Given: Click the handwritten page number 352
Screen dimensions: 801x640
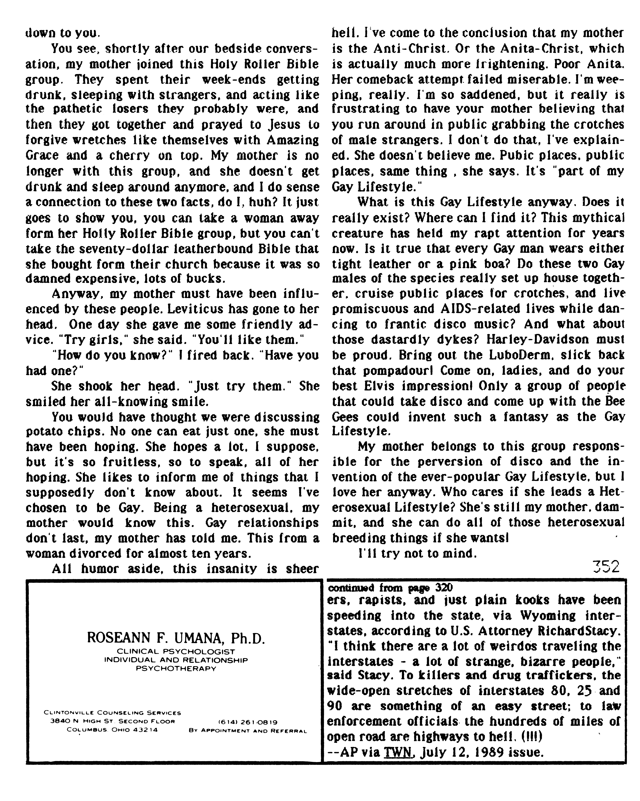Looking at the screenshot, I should tap(606, 567).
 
